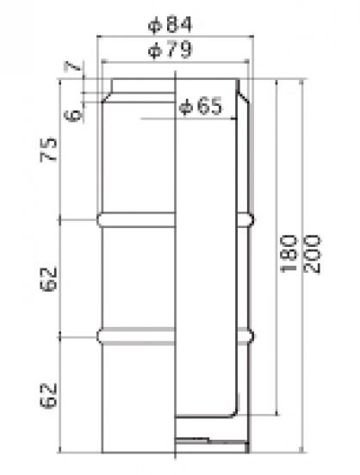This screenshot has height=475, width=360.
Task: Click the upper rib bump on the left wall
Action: [x=102, y=219]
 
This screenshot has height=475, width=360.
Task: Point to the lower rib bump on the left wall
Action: [x=102, y=332]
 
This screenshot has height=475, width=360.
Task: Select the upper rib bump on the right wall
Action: [x=251, y=219]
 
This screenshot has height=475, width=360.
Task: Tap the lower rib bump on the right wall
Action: [x=251, y=332]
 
